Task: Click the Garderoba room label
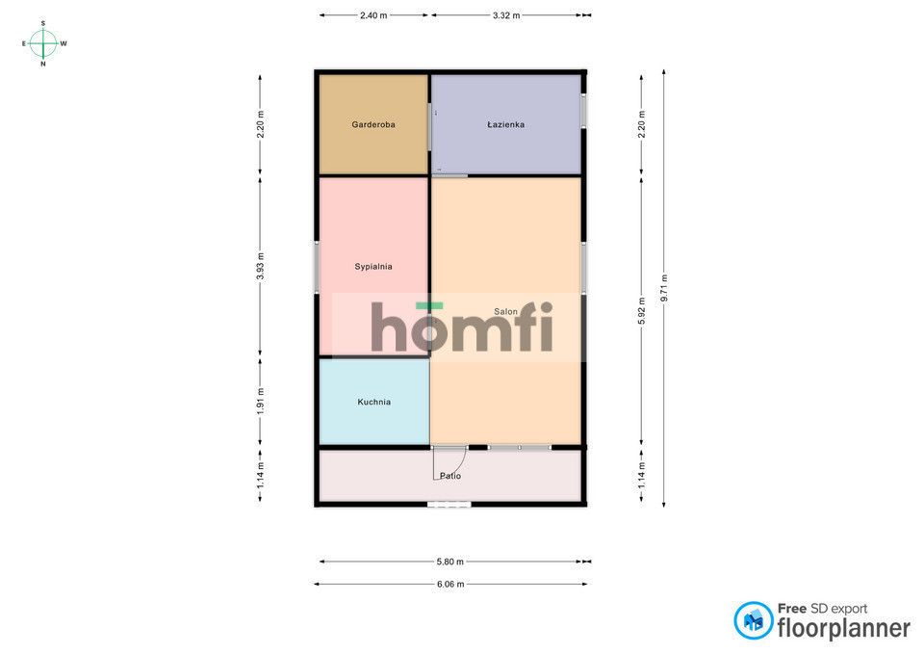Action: pyautogui.click(x=373, y=124)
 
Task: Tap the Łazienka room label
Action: pyautogui.click(x=505, y=124)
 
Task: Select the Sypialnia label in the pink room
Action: pyautogui.click(x=373, y=267)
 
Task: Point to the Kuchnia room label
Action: pyautogui.click(x=373, y=402)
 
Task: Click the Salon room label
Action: pyautogui.click(x=505, y=311)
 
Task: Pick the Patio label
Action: pyautogui.click(x=450, y=475)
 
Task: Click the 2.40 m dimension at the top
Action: pyautogui.click(x=373, y=15)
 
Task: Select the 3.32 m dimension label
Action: pyautogui.click(x=506, y=15)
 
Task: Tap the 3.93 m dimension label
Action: pyautogui.click(x=261, y=267)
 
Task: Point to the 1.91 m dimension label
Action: pyautogui.click(x=261, y=402)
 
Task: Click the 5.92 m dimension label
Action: pyautogui.click(x=642, y=311)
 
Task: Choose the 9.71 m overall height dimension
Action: pyautogui.click(x=664, y=288)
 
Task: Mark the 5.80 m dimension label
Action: pyautogui.click(x=449, y=562)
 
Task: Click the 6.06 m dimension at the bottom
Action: pyautogui.click(x=450, y=584)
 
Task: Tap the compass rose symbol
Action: pyautogui.click(x=43, y=43)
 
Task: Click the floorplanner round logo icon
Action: pyautogui.click(x=753, y=620)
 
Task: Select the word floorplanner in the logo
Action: pyautogui.click(x=844, y=628)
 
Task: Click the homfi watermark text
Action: pyautogui.click(x=462, y=327)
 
